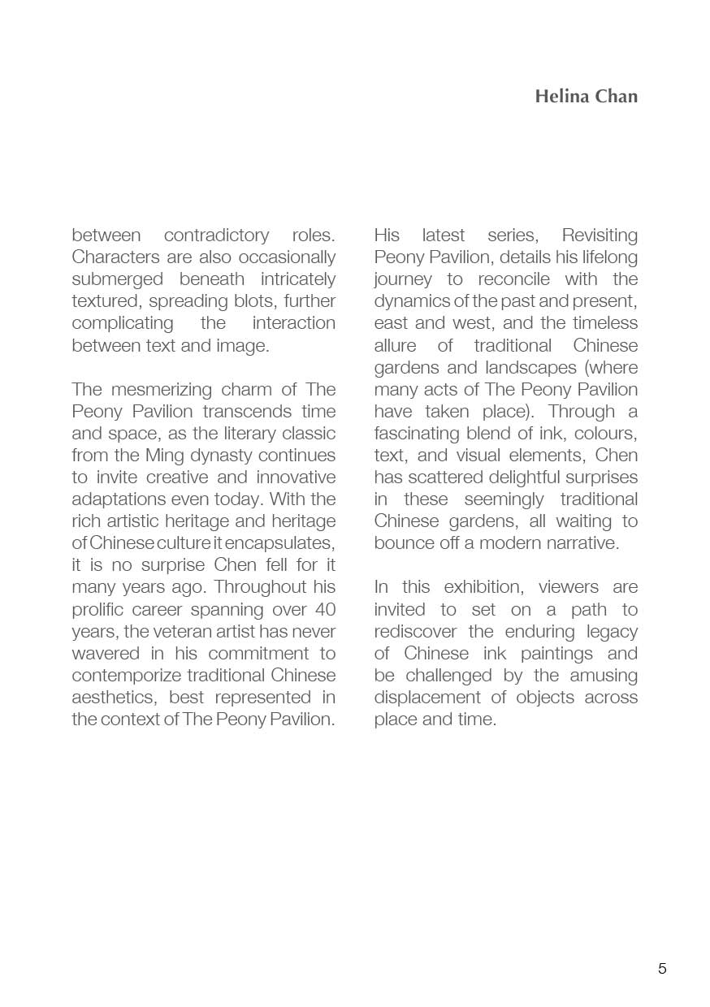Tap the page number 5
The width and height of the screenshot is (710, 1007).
[x=662, y=968]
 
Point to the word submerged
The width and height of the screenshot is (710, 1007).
[x=112, y=279]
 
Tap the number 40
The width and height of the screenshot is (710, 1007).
[x=323, y=609]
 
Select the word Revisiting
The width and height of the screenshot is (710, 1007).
[x=600, y=236]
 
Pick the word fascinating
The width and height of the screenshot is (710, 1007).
[x=418, y=433]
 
